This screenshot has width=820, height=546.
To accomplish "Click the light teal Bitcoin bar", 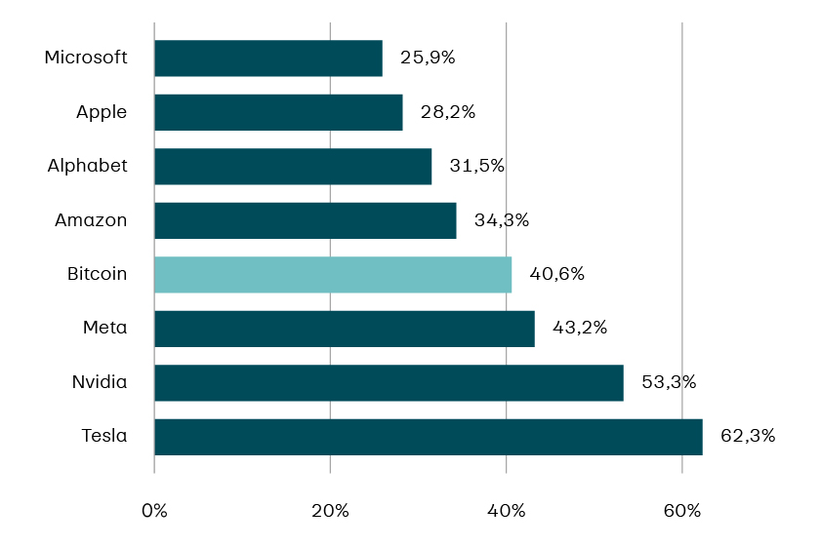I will click(333, 275).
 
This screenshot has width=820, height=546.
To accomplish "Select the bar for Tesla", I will click(429, 437).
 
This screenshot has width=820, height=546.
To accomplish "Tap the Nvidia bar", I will click(389, 383).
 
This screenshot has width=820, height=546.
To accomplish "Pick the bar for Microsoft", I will click(268, 58).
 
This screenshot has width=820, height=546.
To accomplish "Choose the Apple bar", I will click(278, 112).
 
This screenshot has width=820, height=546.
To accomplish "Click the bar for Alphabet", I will click(293, 167).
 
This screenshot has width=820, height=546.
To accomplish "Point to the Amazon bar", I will click(306, 220).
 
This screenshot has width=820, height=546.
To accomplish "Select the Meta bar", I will click(345, 329).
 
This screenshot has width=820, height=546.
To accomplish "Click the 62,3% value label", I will click(748, 436).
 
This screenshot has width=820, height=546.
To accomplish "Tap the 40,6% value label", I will click(556, 274).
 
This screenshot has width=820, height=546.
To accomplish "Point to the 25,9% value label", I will click(428, 58).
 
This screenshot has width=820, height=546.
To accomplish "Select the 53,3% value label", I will click(669, 382).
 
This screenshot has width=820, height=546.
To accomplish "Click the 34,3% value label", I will click(502, 220).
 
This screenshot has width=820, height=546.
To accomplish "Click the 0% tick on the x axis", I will click(154, 511).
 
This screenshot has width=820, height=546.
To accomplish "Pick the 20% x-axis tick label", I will click(330, 511).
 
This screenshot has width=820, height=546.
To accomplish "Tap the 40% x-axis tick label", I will click(506, 511).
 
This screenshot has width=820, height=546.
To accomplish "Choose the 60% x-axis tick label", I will click(681, 511).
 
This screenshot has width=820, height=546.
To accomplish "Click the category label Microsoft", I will click(86, 58).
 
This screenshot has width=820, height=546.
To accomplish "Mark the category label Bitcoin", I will click(98, 274).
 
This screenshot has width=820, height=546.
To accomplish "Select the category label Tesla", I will click(104, 436).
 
